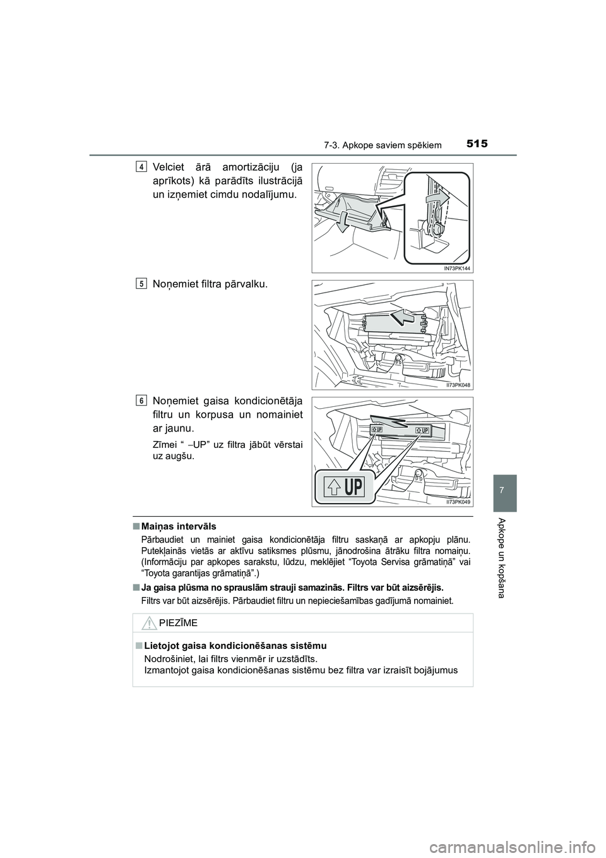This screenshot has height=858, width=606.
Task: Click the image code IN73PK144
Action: click(453, 268)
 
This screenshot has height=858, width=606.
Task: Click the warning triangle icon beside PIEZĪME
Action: click(148, 623)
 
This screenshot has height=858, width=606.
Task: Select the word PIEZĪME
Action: click(178, 623)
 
